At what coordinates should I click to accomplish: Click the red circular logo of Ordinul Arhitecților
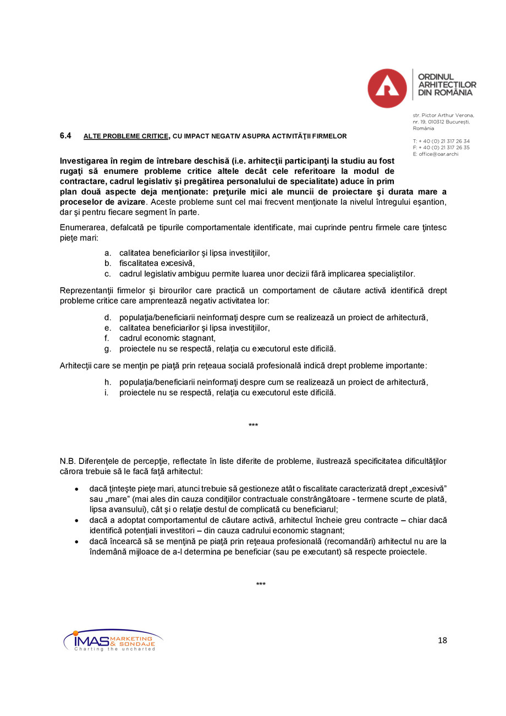point(387,88)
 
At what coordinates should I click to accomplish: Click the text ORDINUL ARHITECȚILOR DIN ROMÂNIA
point(447,85)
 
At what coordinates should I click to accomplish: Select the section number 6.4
point(65,135)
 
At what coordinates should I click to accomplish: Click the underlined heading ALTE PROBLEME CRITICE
point(125,136)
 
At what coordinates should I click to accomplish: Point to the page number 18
point(442,640)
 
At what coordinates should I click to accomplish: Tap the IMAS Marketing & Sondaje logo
point(113,640)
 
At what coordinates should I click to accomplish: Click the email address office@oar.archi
point(438,154)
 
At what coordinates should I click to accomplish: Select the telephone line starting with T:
point(441,141)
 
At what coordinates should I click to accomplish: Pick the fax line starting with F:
point(441,147)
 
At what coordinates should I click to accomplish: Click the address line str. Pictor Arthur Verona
point(443,115)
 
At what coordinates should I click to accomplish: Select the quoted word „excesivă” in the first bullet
point(426,489)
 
